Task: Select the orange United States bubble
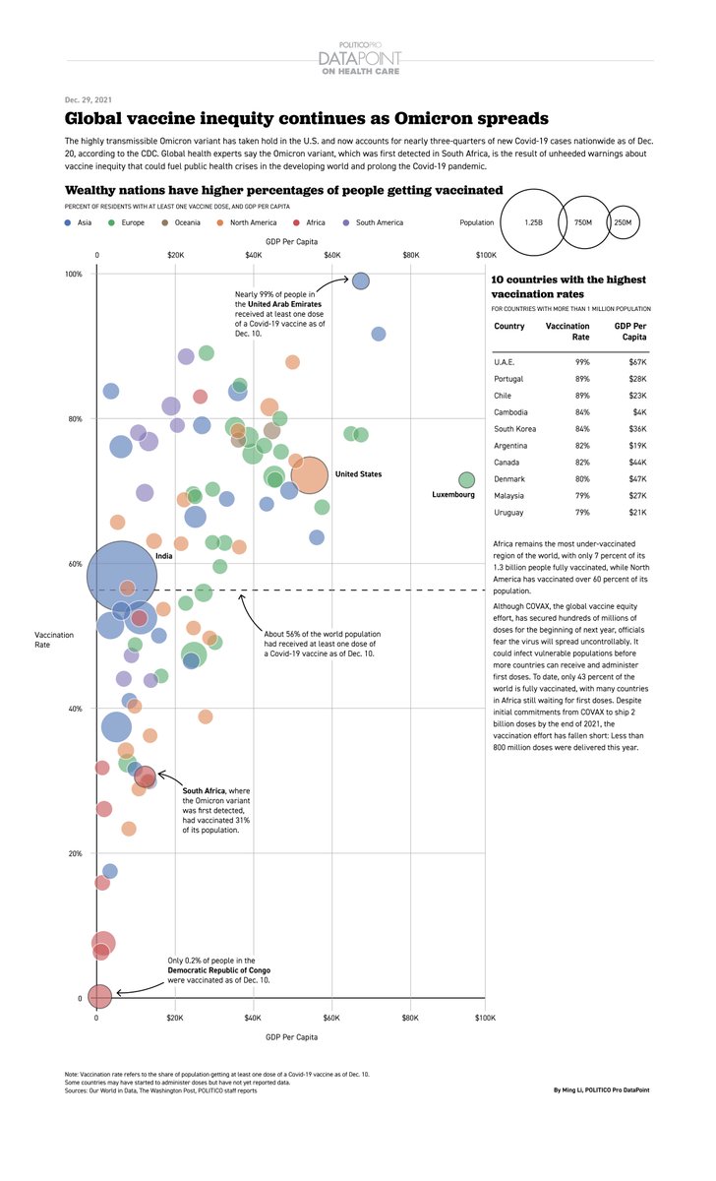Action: click(309, 474)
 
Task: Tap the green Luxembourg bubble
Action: click(466, 480)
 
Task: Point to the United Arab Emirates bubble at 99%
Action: click(361, 281)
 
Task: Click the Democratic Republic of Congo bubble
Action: click(98, 996)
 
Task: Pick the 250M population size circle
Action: click(623, 223)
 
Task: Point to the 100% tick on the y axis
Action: click(74, 274)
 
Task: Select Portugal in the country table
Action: click(508, 379)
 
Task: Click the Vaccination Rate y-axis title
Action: click(54, 640)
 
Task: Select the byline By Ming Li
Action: click(601, 1090)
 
